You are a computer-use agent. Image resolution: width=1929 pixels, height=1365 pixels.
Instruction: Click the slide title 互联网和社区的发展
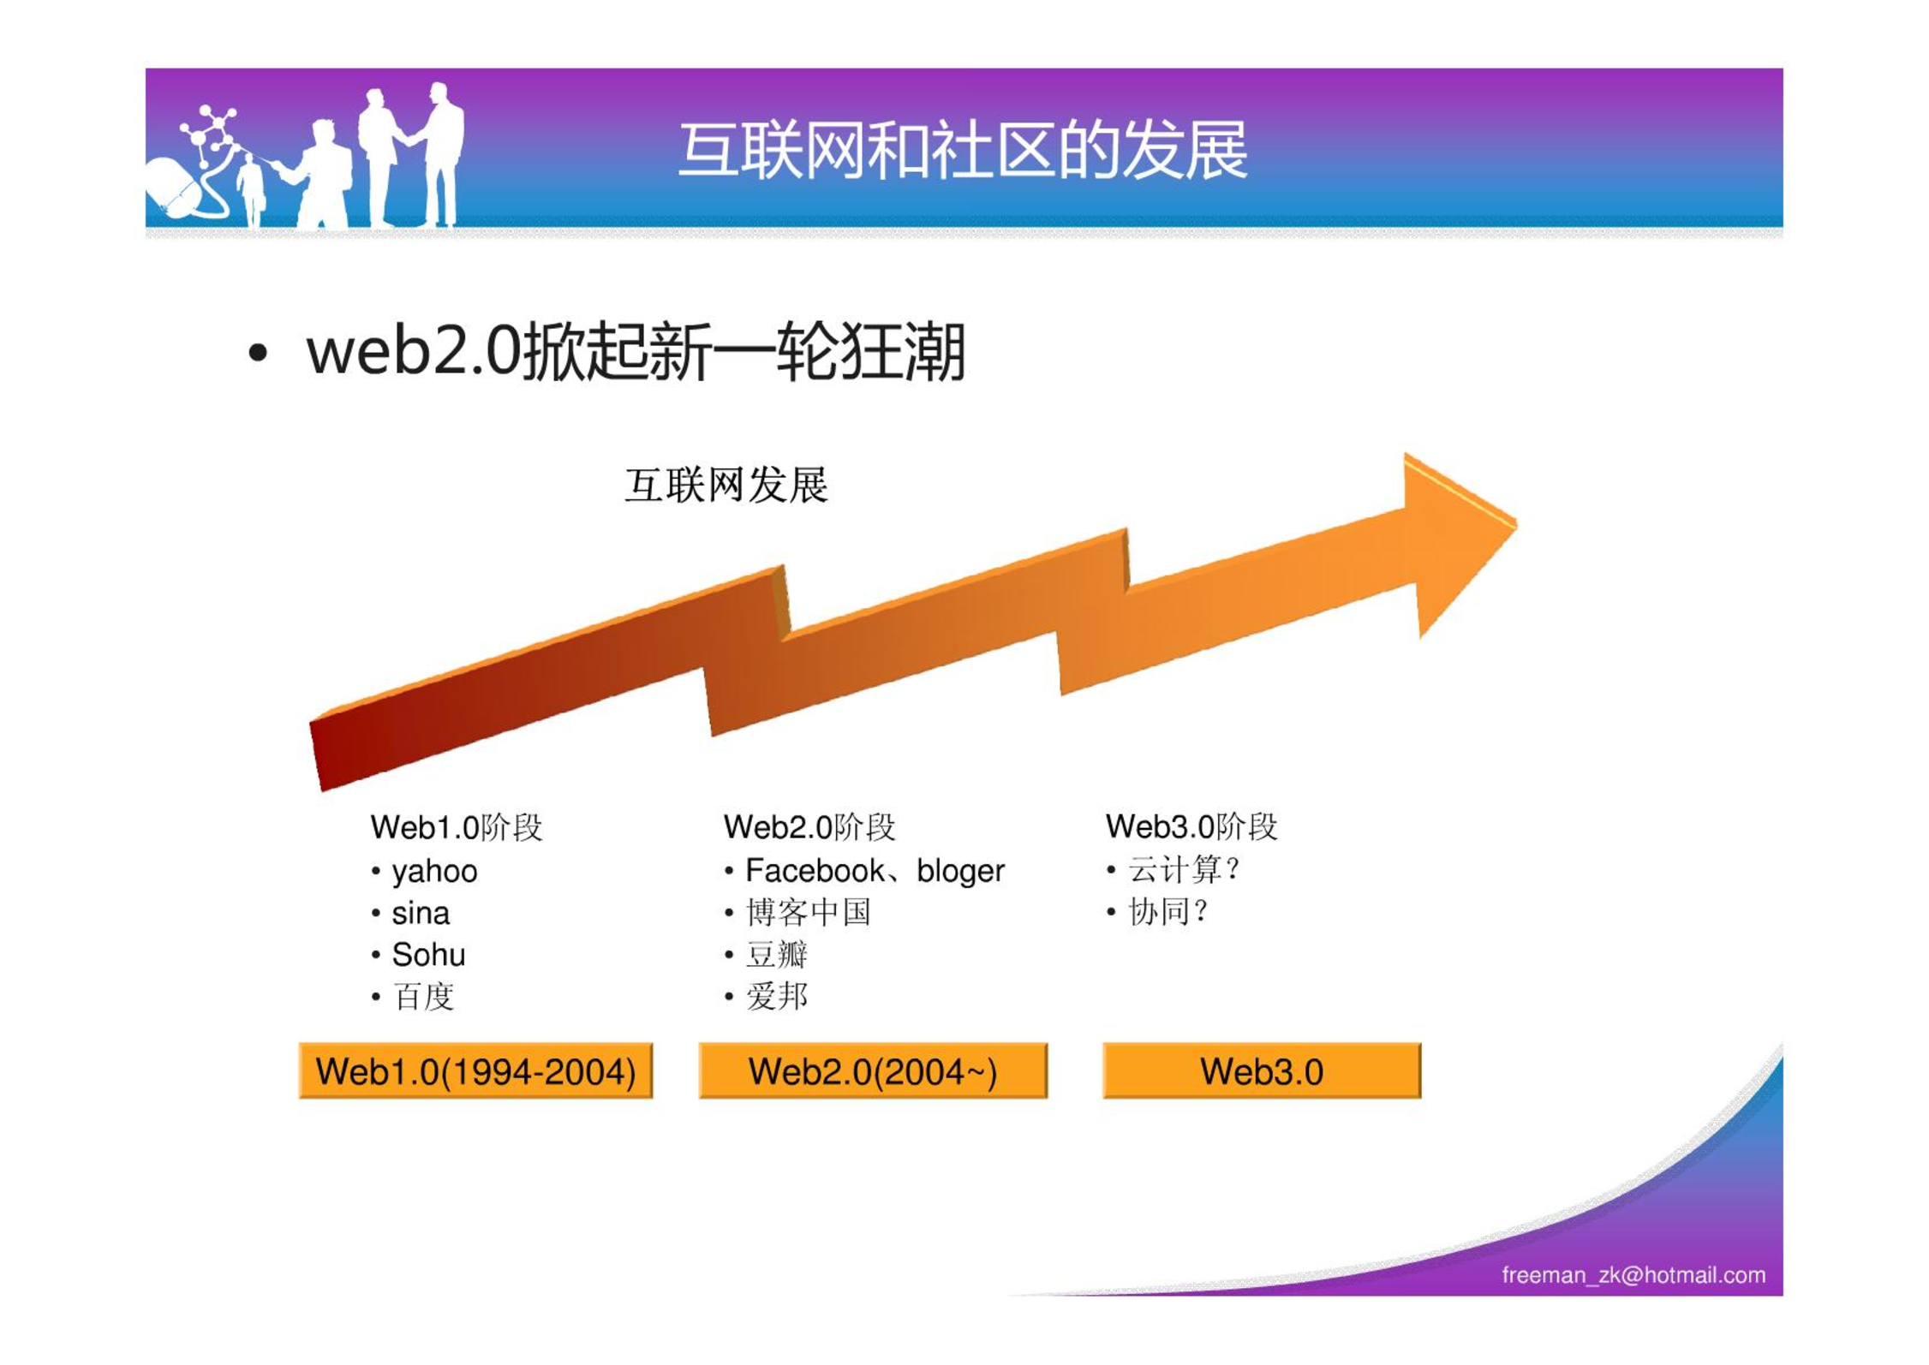click(963, 151)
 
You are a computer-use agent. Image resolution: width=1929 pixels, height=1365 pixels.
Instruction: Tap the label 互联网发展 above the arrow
click(726, 485)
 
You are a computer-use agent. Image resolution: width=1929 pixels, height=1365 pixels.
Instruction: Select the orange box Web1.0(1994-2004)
click(475, 1070)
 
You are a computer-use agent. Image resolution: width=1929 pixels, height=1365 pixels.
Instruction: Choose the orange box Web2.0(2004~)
click(873, 1070)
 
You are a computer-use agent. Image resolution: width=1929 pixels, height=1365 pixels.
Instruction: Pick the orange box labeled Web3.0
click(1262, 1070)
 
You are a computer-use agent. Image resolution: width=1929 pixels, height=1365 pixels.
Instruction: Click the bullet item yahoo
click(434, 872)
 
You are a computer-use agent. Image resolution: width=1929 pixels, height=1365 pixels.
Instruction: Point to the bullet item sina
click(421, 913)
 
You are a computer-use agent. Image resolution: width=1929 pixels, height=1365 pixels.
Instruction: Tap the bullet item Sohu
click(428, 954)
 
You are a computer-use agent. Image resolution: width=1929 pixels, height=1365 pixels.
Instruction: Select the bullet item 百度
click(423, 996)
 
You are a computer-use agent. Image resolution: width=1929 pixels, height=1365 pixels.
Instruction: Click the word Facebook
click(815, 870)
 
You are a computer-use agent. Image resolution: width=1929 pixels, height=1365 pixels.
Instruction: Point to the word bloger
click(960, 871)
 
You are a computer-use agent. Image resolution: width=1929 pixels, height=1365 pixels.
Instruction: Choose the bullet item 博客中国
click(809, 912)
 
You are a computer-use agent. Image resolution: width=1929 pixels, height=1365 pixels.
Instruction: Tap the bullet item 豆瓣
click(777, 954)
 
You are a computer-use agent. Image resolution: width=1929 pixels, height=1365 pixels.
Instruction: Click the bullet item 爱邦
click(777, 996)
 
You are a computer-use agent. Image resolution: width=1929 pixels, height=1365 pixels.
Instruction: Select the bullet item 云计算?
click(1184, 869)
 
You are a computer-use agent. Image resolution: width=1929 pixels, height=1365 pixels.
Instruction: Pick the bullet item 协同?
click(1168, 911)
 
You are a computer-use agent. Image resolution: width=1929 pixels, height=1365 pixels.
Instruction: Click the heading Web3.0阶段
click(1191, 826)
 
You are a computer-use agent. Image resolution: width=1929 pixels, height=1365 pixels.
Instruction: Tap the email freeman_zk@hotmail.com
click(1633, 1275)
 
